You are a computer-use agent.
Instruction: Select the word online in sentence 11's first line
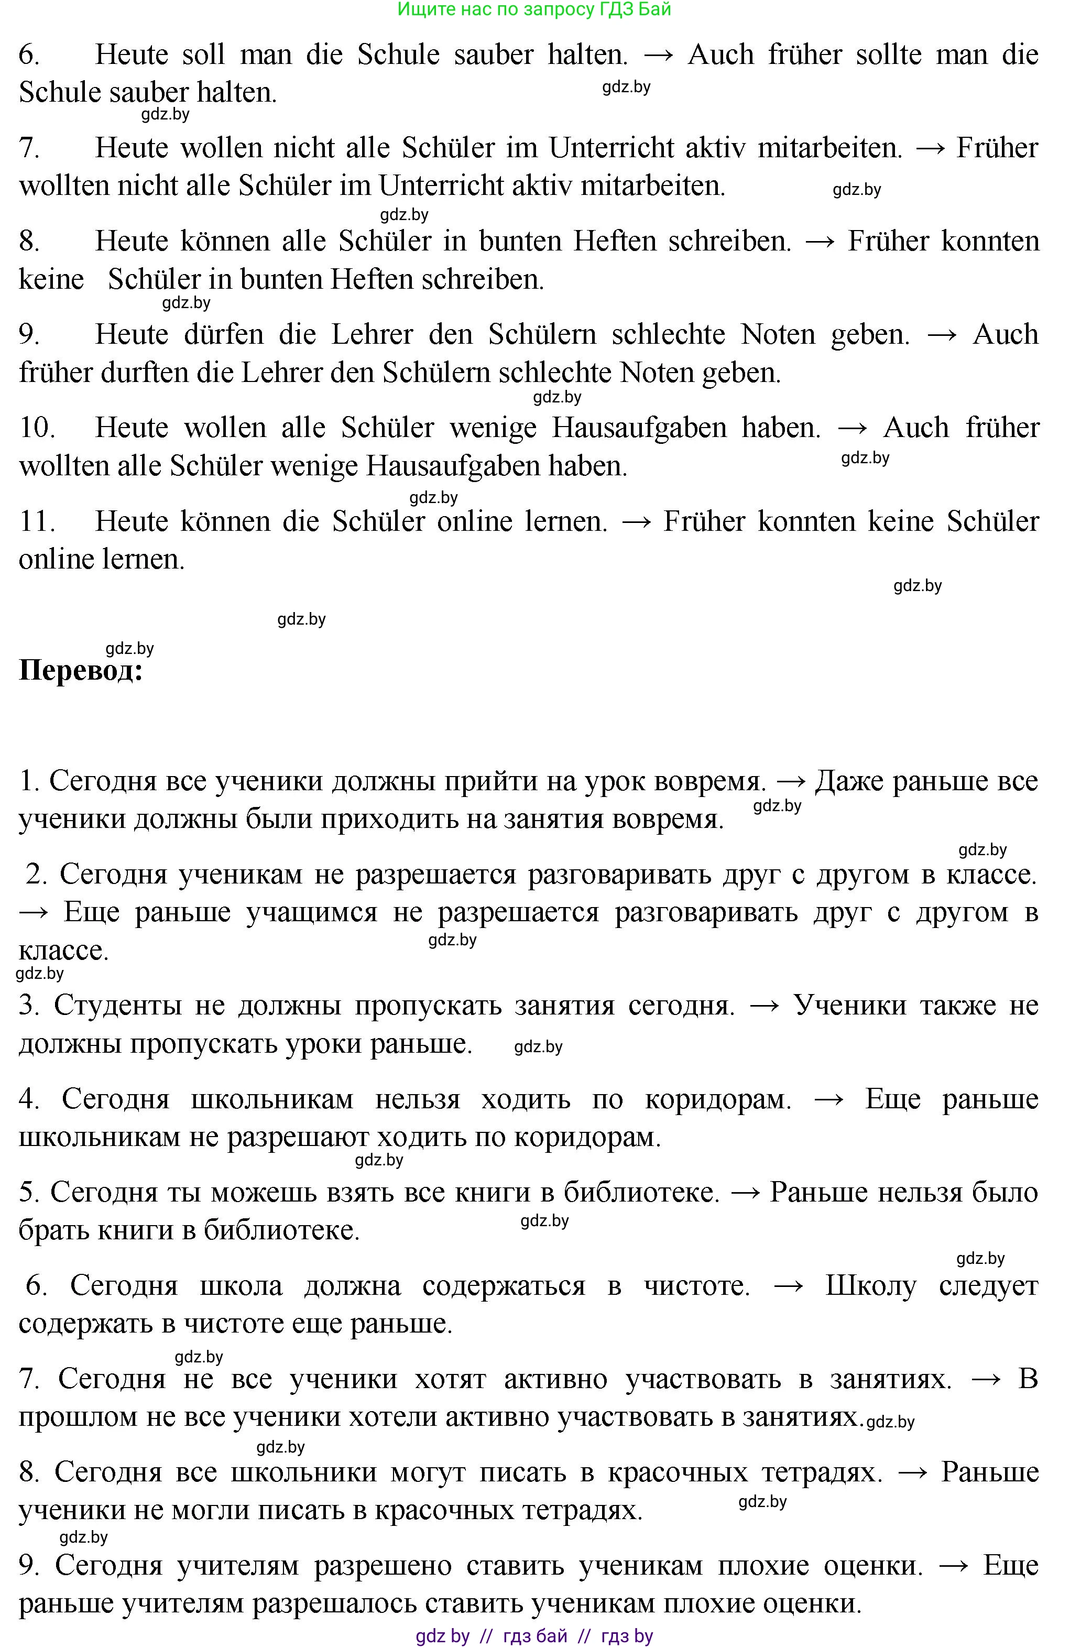click(x=474, y=521)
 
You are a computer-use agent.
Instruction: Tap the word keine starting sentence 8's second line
click(x=51, y=280)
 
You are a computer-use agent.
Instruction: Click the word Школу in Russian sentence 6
click(x=870, y=1286)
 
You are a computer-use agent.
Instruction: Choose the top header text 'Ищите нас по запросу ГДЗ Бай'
click(x=534, y=9)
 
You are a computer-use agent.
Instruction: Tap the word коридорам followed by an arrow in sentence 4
click(x=717, y=1099)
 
